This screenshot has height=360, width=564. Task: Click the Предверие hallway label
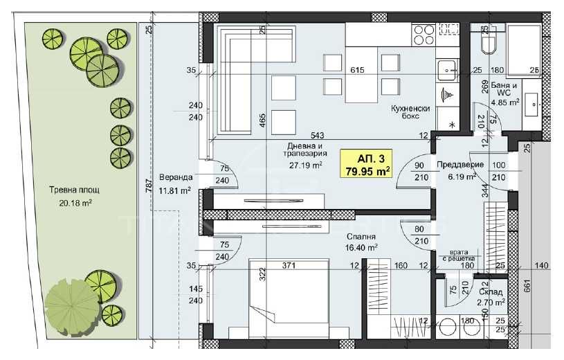(460, 165)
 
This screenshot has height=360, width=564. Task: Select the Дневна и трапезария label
(305, 152)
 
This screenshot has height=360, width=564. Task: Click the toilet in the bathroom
(486, 43)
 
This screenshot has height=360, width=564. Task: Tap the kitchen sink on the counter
(446, 68)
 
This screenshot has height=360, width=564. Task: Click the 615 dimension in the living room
(357, 70)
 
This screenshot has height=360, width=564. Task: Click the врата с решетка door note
(455, 255)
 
